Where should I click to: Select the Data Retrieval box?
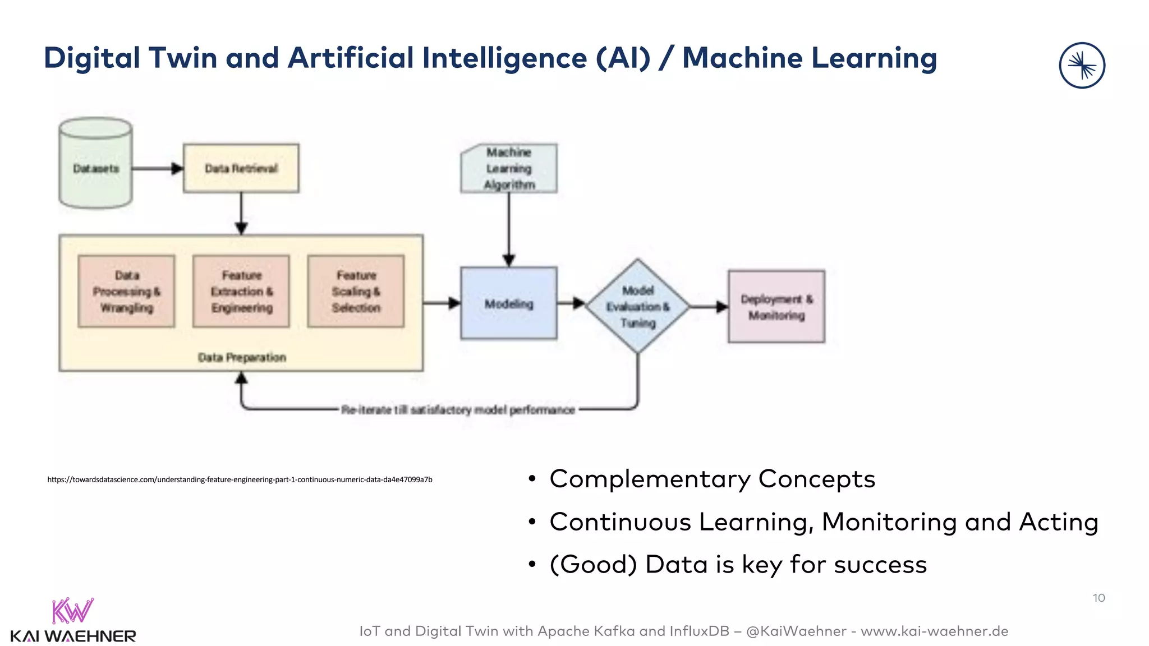pos(241,168)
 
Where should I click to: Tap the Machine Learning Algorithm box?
pos(509,168)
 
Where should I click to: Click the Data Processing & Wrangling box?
pos(126,291)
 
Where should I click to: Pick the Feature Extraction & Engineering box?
pos(241,291)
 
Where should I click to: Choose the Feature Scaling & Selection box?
pos(356,291)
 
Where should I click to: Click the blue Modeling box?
pos(508,303)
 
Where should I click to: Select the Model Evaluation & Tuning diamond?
pos(637,306)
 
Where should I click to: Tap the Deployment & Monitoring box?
pos(776,307)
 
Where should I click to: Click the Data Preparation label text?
pos(242,357)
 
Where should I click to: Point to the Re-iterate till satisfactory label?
pos(458,410)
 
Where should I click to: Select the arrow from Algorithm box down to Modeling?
pos(509,230)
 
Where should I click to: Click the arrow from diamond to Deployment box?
pos(709,307)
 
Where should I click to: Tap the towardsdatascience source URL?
pos(240,479)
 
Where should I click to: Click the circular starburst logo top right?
pos(1082,66)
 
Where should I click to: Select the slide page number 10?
pos(1099,598)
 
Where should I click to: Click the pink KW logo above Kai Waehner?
pos(72,611)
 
